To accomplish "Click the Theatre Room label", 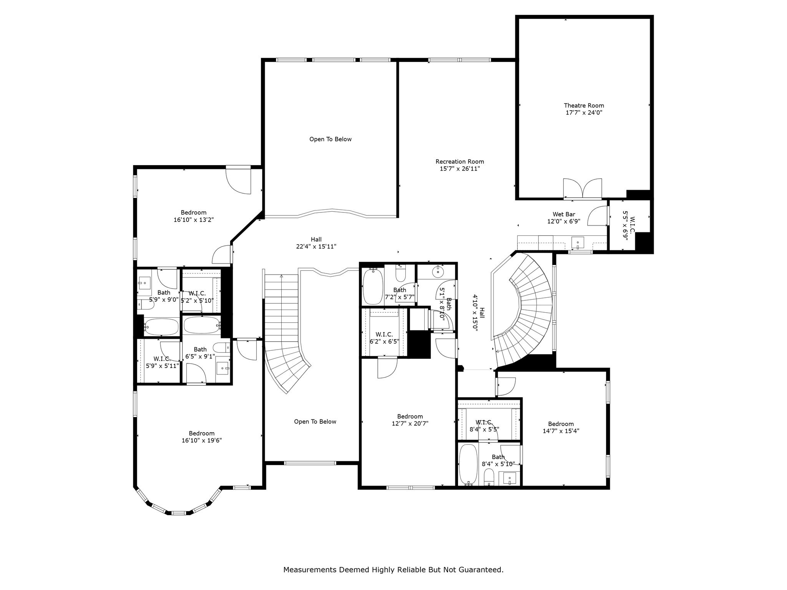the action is (x=584, y=106).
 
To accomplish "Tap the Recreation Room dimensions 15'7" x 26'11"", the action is (x=460, y=169).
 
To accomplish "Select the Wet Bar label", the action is (x=564, y=214).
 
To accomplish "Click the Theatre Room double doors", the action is (x=583, y=188).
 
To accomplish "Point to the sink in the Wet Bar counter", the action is (x=578, y=243).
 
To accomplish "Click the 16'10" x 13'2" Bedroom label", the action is (x=194, y=216).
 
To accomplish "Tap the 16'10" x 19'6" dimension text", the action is (x=202, y=441).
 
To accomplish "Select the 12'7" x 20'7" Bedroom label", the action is (x=410, y=420).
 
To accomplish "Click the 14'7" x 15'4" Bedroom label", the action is (x=561, y=428).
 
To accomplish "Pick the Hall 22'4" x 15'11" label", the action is (x=316, y=243).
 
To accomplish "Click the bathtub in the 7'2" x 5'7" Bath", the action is (x=373, y=286).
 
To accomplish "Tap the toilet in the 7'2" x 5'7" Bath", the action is (x=400, y=273).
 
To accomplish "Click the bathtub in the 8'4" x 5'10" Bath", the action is (x=468, y=465).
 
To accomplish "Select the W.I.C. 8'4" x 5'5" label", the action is (x=484, y=426).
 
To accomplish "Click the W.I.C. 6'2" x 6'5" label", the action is (x=384, y=338).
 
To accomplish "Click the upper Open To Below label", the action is (x=330, y=139).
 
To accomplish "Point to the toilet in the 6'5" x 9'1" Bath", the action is (x=222, y=348).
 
